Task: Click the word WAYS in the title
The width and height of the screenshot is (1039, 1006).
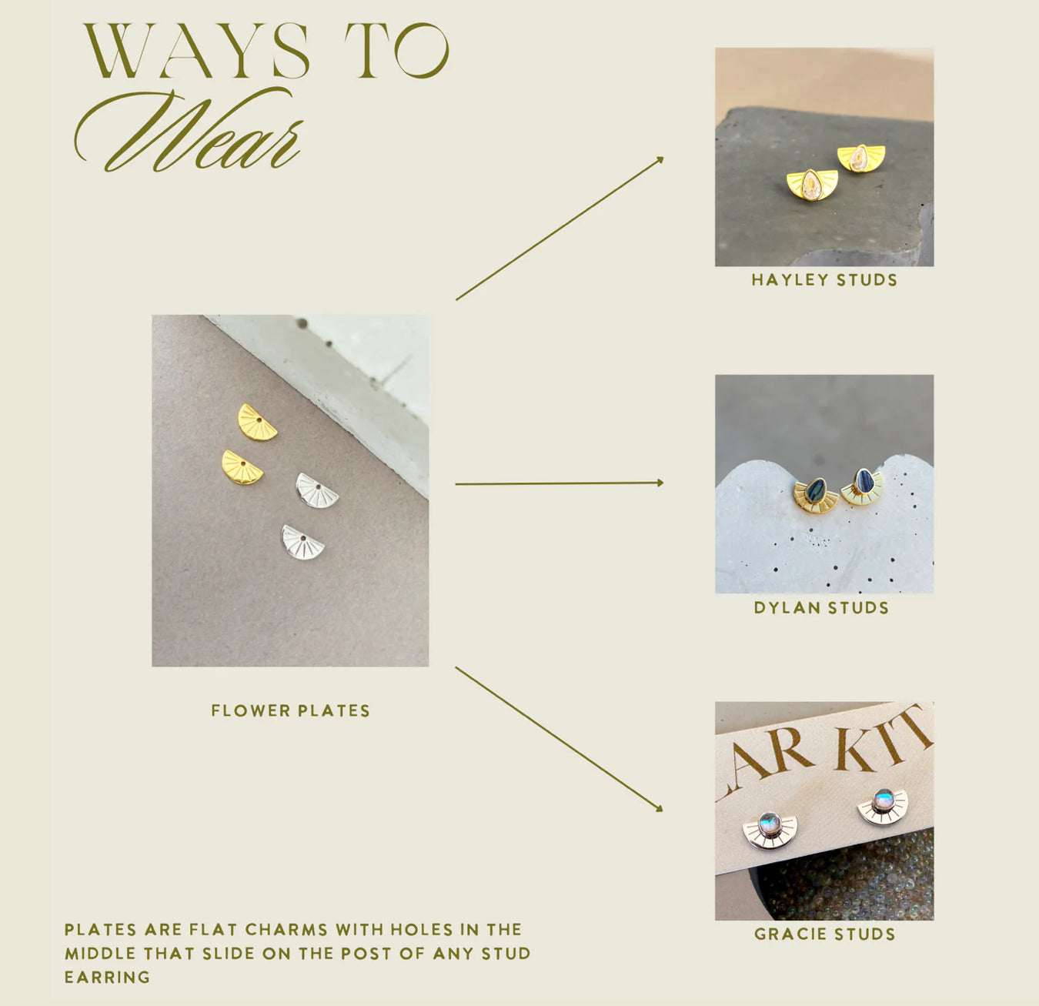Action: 195,52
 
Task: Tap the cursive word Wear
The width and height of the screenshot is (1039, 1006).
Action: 188,130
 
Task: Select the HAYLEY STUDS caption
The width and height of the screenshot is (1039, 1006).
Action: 824,280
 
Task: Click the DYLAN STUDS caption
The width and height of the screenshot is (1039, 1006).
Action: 821,607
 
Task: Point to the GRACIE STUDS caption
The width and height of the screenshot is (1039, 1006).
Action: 824,934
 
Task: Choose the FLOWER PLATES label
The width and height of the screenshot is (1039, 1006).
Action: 290,710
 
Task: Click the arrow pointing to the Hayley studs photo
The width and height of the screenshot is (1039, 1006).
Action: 560,229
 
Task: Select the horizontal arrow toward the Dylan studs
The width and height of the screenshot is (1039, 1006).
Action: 560,483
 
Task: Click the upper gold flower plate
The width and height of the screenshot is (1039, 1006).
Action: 257,423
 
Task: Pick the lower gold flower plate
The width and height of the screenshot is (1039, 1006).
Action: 242,468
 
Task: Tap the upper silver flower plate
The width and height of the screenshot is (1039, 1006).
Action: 316,491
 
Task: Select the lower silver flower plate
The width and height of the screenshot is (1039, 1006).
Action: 302,543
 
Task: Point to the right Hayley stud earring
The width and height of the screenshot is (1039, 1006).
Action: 860,159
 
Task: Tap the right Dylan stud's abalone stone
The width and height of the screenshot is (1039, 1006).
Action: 864,481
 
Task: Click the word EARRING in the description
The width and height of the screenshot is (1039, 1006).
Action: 107,978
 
